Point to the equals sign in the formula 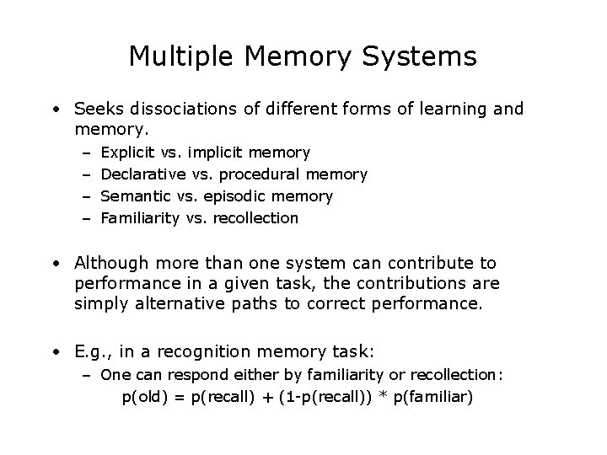[179, 395]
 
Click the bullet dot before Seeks [55, 110]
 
